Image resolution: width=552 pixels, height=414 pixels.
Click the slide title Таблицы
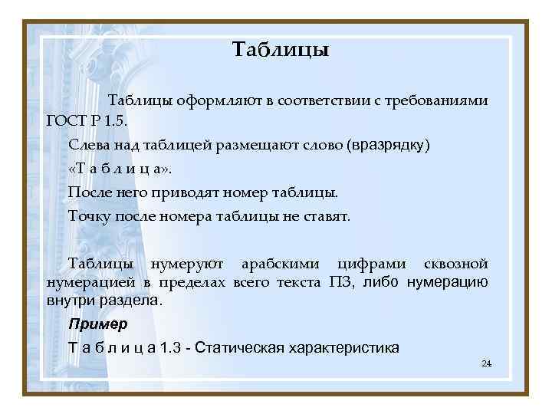point(280,51)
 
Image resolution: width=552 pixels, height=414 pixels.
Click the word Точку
point(89,216)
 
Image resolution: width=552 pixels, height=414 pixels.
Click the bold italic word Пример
point(98,324)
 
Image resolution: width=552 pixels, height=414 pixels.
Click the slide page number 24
point(485,363)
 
